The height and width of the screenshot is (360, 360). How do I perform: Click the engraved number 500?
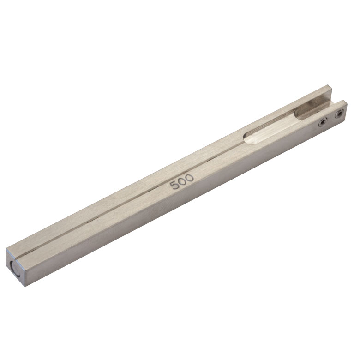pyautogui.click(x=181, y=181)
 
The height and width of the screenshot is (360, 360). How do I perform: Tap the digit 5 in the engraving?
pyautogui.click(x=174, y=185)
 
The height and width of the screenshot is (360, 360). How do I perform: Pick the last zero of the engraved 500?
pyautogui.click(x=190, y=178)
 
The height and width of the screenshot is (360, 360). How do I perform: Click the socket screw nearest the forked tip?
pyautogui.click(x=339, y=114)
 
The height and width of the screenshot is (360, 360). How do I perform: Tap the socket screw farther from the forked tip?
pyautogui.click(x=323, y=122)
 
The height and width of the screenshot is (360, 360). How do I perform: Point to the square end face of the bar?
pyautogui.click(x=15, y=268)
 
